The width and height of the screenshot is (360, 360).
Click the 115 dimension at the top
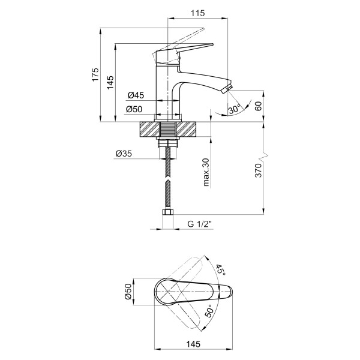pos(197,13)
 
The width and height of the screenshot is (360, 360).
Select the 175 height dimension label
pos(95,74)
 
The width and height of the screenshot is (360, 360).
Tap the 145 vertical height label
pos(110,82)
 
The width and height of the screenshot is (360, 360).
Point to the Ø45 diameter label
pos(136,95)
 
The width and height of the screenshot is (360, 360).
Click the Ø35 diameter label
pos(124,153)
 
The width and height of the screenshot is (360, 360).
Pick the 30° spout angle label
pos(235,109)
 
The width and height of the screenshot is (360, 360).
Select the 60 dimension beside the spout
pos(258,106)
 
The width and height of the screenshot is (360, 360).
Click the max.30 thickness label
pos(206,172)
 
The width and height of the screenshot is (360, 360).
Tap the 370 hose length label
pos(258,170)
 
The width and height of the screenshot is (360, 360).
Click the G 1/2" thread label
pos(199,224)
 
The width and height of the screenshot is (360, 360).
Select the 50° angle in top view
pos(209,311)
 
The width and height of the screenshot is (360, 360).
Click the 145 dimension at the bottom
pos(193,344)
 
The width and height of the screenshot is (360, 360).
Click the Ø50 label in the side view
pos(134,109)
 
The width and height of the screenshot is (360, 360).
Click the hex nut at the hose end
pos(168,212)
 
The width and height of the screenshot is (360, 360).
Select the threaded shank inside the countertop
pos(168,129)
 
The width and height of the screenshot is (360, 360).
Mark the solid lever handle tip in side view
pos(212,44)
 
